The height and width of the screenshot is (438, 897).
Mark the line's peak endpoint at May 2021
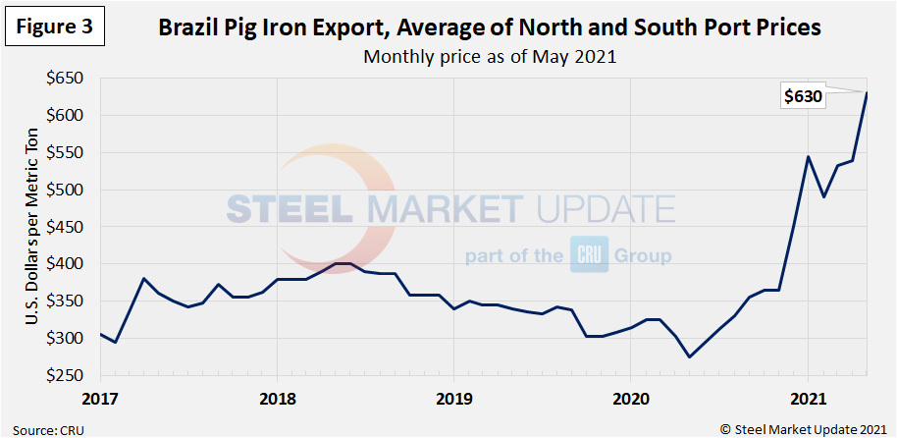pyautogui.click(x=867, y=92)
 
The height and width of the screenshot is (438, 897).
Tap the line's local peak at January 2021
pyautogui.click(x=808, y=156)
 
